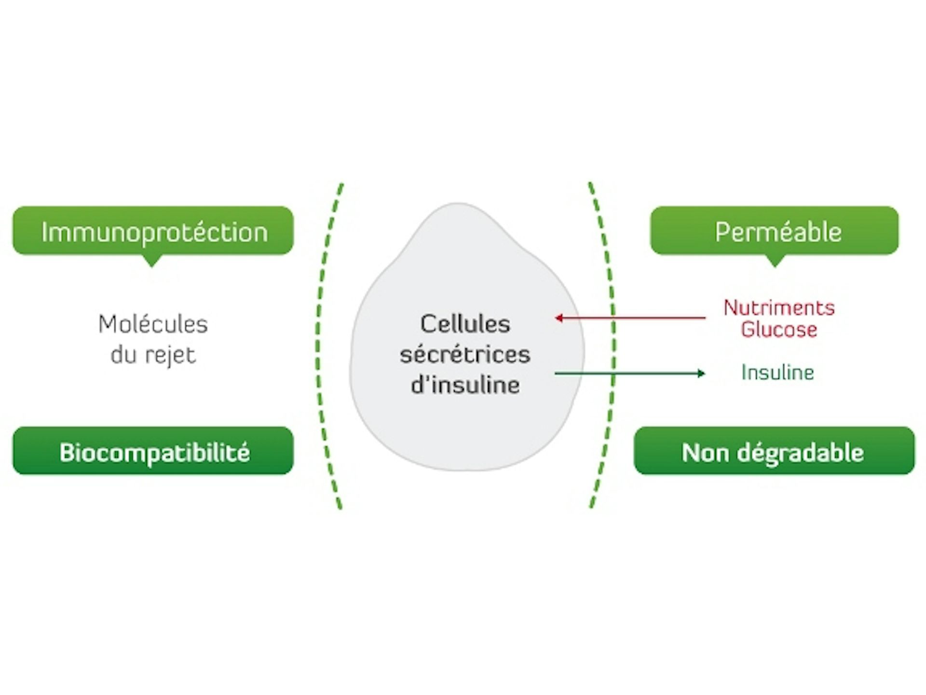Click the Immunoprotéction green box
(x=153, y=231)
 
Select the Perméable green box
(x=774, y=231)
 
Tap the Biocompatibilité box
(x=153, y=451)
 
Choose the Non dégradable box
(x=774, y=451)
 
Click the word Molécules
(x=153, y=324)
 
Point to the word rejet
(x=170, y=356)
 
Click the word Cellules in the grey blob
(x=465, y=324)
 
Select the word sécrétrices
(x=465, y=355)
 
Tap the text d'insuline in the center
(x=465, y=385)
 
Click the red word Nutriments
(x=779, y=308)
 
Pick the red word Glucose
(x=779, y=330)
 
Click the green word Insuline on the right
(x=777, y=373)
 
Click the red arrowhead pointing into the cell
(x=558, y=318)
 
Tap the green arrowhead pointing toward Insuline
(x=701, y=373)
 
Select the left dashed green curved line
(x=318, y=345)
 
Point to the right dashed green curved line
(x=613, y=345)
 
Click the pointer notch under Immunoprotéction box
(x=151, y=261)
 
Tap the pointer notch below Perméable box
(x=775, y=261)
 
